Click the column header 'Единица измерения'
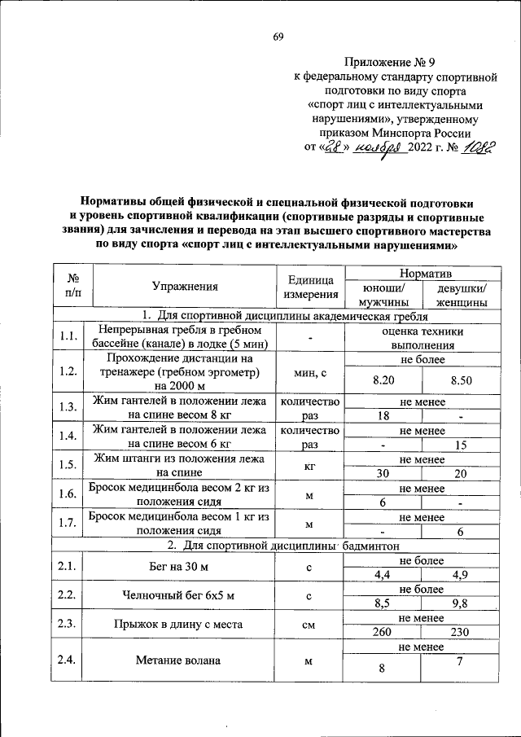[311, 287]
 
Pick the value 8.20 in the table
[383, 379]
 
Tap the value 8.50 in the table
[461, 379]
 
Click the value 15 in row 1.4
[461, 445]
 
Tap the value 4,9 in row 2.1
[461, 575]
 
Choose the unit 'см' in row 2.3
[309, 626]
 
